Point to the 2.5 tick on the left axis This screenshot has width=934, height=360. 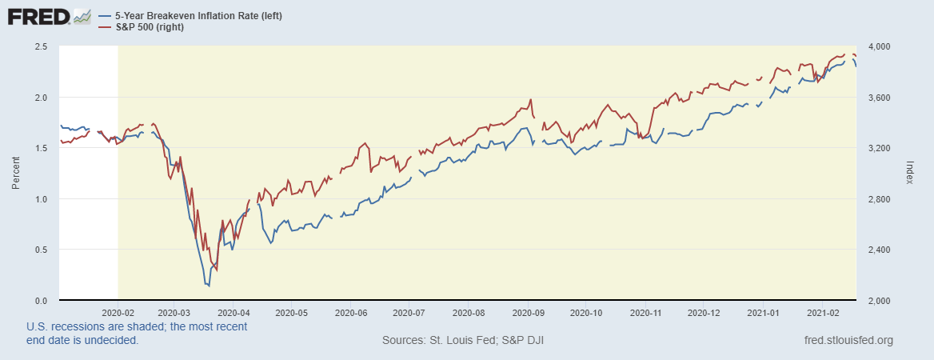coord(41,46)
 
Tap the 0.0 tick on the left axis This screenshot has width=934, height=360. coord(41,301)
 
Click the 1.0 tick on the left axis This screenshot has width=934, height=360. coord(41,199)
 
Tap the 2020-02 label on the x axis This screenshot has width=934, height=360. coord(118,313)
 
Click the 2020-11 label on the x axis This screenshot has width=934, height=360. coord(645,313)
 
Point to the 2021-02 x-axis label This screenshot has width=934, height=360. coord(824,313)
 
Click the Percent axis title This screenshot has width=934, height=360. coord(16,173)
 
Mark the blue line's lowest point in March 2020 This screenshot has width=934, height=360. coord(209,286)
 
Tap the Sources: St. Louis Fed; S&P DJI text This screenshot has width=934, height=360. coord(464,341)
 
